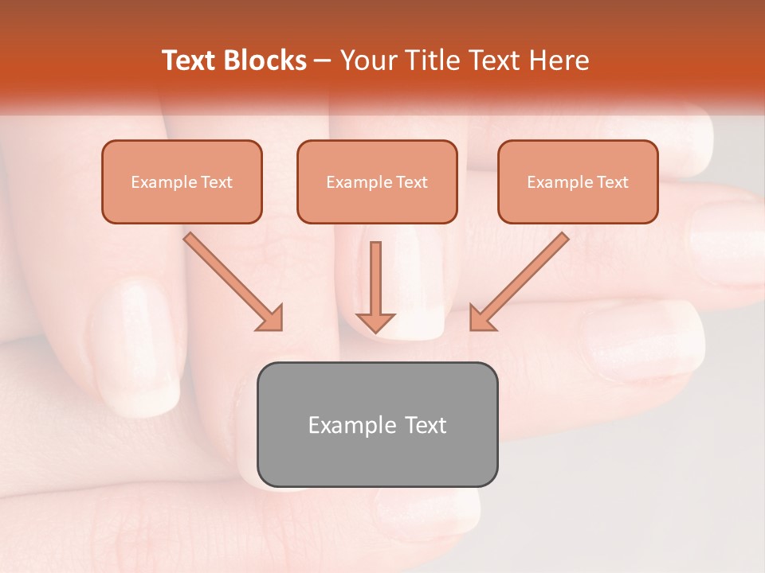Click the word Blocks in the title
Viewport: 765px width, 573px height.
[265, 60]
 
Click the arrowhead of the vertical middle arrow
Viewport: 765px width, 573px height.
[375, 322]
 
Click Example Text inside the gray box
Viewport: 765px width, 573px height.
[377, 425]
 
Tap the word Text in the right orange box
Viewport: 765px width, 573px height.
[612, 182]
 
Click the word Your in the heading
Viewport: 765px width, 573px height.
[366, 60]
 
